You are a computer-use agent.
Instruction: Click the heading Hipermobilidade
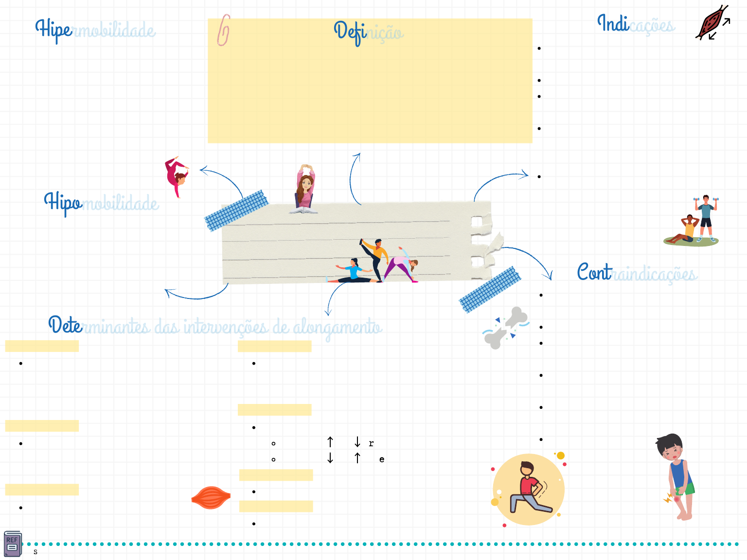click(95, 30)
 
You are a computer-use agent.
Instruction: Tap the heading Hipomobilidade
click(101, 203)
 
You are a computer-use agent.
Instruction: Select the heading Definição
click(369, 32)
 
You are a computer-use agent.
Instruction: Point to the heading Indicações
click(636, 24)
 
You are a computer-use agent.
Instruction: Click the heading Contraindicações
click(637, 273)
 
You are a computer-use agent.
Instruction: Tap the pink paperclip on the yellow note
click(223, 30)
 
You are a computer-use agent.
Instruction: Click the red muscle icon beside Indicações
click(711, 23)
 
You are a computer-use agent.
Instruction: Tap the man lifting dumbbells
click(706, 217)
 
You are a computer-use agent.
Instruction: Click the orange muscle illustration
click(211, 497)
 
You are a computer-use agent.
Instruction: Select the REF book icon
click(13, 543)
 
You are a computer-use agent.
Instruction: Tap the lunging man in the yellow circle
click(529, 489)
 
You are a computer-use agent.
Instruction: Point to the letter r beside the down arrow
click(371, 443)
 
